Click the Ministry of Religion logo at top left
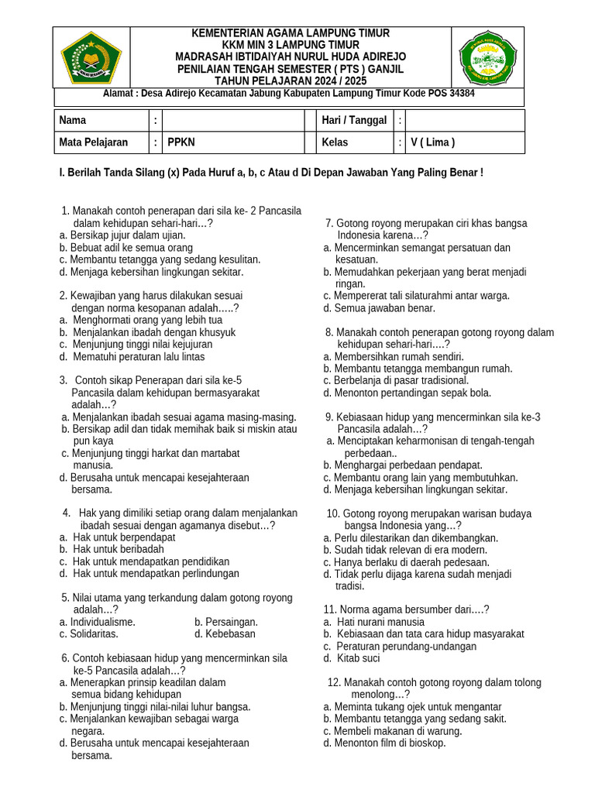[x=91, y=57]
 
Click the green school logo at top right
[x=487, y=57]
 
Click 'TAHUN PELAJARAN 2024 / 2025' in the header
[x=290, y=79]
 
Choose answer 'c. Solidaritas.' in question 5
[x=88, y=633]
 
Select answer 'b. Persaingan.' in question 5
[x=226, y=622]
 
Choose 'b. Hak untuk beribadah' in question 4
[x=112, y=549]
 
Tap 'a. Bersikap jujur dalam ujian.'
[x=122, y=235]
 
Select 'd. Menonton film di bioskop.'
[x=384, y=743]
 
